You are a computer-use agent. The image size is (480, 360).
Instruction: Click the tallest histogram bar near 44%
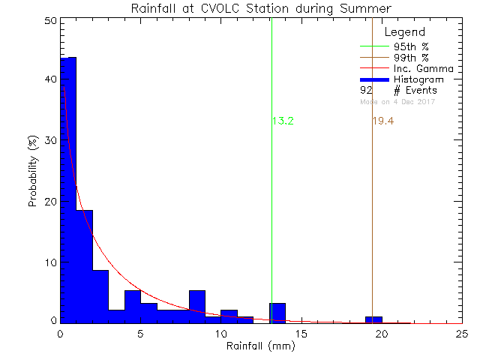pyautogui.click(x=68, y=187)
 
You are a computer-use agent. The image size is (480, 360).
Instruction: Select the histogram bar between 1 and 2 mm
pyautogui.click(x=84, y=266)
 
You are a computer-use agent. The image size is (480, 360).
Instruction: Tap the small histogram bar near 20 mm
pyautogui.click(x=373, y=320)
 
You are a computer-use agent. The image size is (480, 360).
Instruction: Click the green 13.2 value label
pyautogui.click(x=282, y=121)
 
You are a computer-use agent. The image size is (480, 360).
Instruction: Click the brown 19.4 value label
pyautogui.click(x=382, y=121)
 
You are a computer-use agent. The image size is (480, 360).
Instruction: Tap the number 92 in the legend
pyautogui.click(x=366, y=90)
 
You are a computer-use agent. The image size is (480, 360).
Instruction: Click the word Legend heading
pyautogui.click(x=404, y=32)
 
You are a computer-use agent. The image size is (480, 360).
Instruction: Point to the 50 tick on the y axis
pyautogui.click(x=48, y=21)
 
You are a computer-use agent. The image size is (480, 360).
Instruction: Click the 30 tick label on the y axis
pyautogui.click(x=48, y=141)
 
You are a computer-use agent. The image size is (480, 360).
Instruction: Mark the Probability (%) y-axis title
pyautogui.click(x=33, y=171)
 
